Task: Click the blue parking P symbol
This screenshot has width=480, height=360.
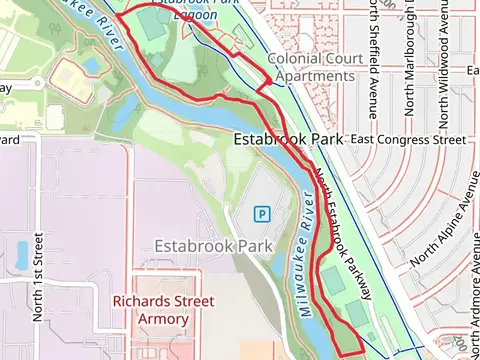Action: [262, 213]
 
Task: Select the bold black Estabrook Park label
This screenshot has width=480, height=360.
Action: [289, 140]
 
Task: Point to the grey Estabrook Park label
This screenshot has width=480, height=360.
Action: [214, 245]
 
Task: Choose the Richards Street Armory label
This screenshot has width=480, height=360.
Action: [163, 310]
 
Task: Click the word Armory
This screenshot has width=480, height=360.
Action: [163, 319]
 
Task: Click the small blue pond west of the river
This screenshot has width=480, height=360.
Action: [91, 66]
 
